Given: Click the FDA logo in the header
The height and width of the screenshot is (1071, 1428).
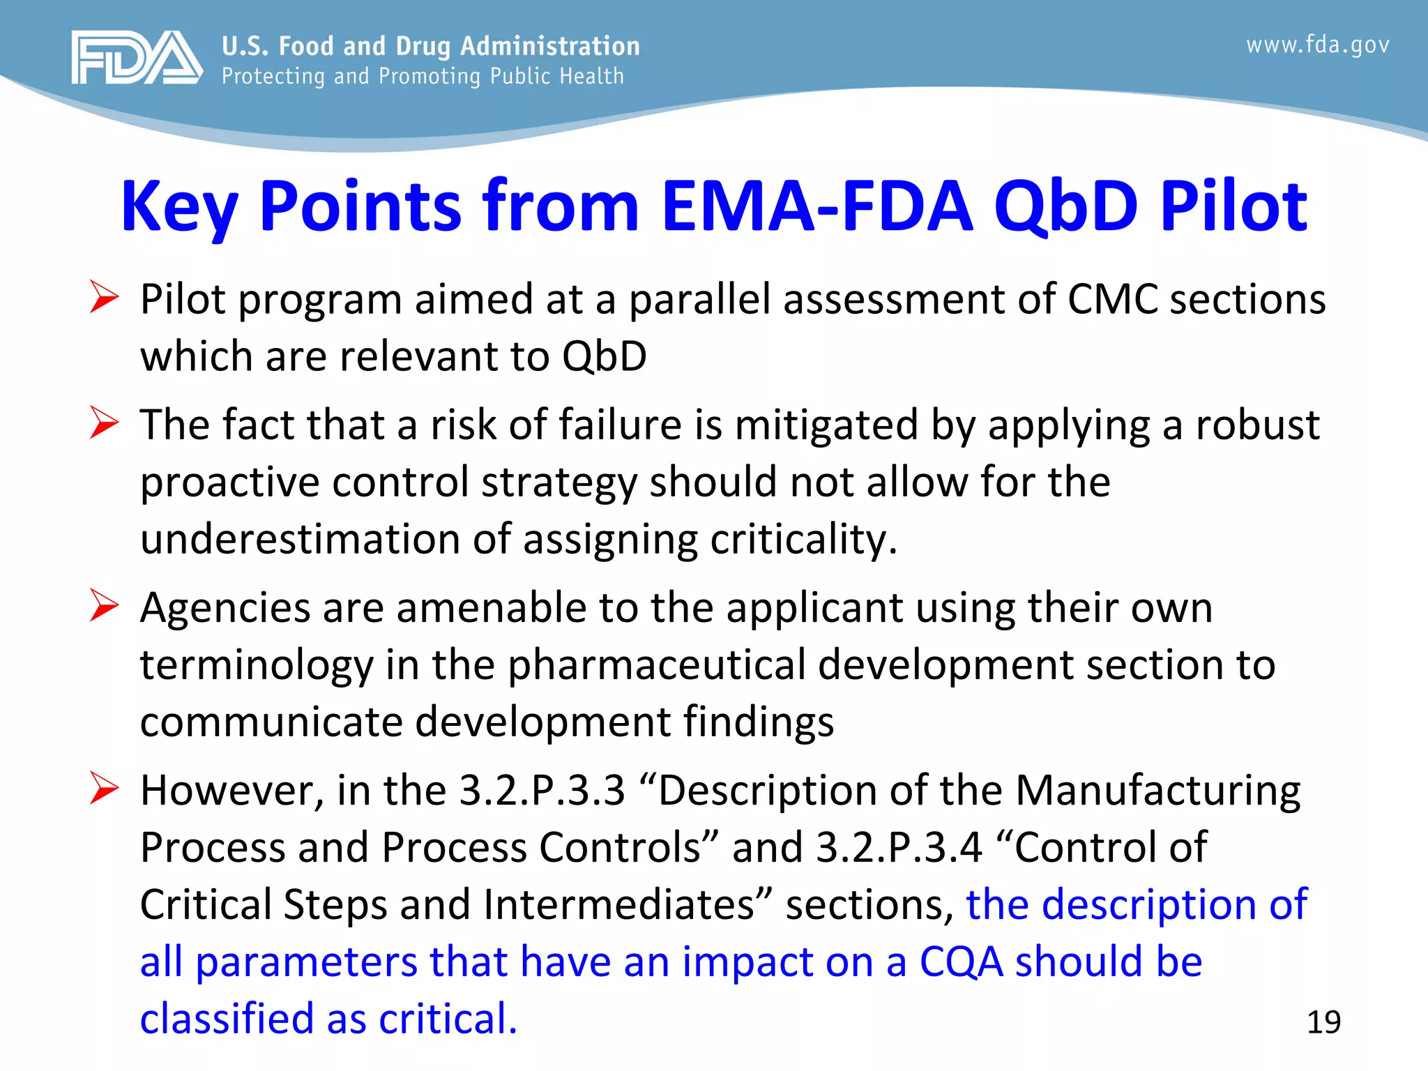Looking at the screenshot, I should (x=137, y=57).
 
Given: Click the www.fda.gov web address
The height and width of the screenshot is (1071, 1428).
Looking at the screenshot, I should (x=1317, y=45).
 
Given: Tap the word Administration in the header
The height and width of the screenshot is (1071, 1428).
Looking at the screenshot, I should (x=549, y=46).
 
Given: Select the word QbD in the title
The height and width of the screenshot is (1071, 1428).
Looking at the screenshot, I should (x=1065, y=206).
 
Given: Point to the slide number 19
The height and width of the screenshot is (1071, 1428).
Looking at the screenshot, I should (x=1323, y=1022).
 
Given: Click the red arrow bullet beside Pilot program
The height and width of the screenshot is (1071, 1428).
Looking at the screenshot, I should (x=105, y=298).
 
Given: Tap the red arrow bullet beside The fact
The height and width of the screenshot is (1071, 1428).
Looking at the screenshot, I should (x=105, y=423).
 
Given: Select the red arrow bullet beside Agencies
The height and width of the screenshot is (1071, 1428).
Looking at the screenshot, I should (x=105, y=606).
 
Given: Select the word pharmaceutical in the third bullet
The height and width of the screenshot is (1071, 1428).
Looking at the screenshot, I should (x=656, y=664).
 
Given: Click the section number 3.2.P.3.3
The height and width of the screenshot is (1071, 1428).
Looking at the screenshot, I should (x=542, y=790).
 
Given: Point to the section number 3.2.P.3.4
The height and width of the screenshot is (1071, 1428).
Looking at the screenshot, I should (x=899, y=847).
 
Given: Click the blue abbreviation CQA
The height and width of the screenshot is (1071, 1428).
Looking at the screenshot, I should (x=962, y=962).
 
